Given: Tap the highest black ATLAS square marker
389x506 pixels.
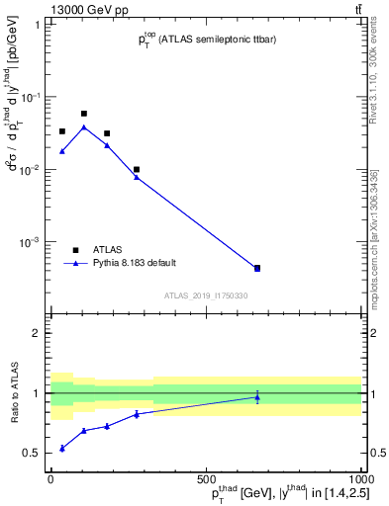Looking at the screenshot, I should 84,114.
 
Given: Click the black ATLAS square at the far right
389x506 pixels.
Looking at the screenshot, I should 257,268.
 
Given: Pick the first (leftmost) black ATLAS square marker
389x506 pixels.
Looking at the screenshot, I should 62,130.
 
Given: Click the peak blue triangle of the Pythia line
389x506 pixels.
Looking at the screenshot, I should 84,126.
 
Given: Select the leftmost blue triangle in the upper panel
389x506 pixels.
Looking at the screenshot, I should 62,151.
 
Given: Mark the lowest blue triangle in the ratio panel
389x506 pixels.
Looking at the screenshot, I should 62,448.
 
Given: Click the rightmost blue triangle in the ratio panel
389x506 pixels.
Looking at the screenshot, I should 257,397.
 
